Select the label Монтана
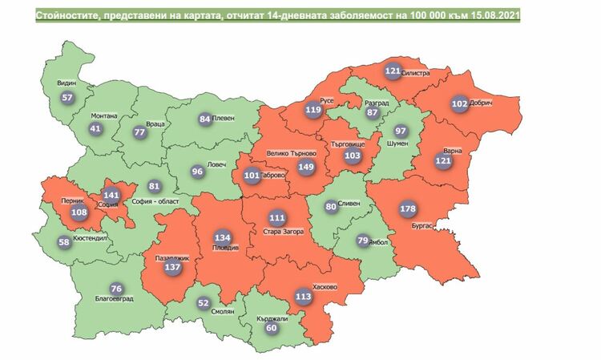click(104, 115)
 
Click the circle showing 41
click(96, 128)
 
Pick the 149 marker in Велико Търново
click(306, 167)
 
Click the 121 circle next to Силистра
click(393, 71)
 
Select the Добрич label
click(483, 104)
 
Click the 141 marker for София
click(111, 195)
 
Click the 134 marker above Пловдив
click(223, 237)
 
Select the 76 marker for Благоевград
click(116, 289)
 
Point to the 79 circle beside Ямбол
click(362, 241)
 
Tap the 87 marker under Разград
click(372, 113)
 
